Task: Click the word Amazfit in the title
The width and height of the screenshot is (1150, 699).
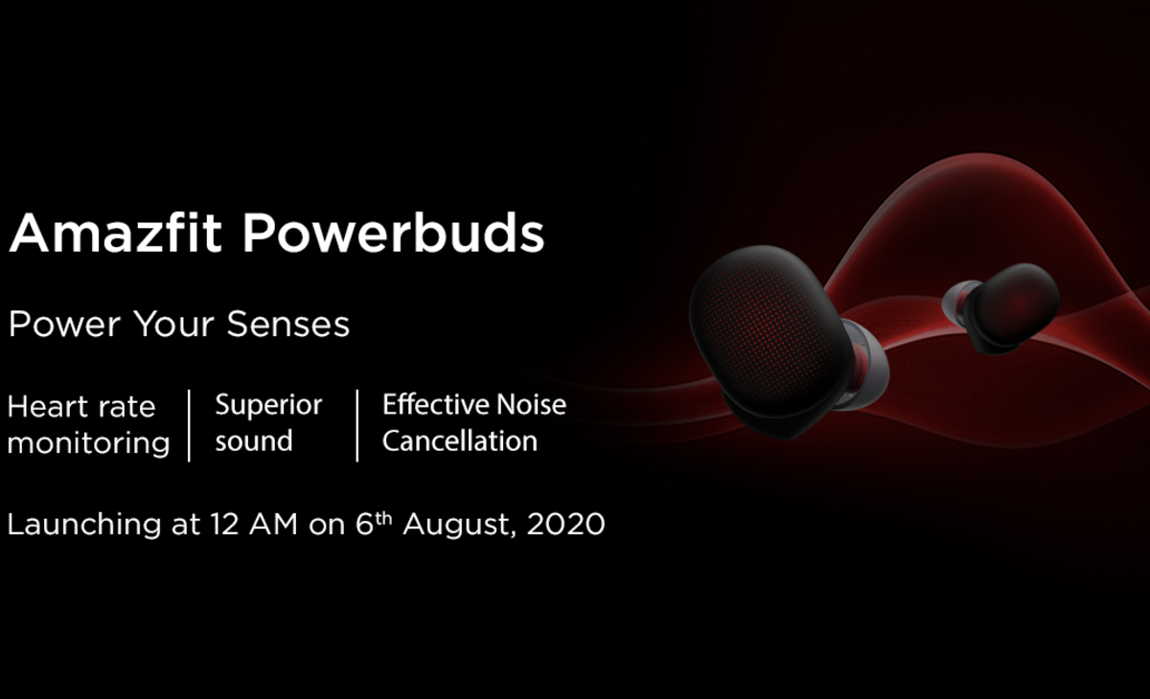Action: coord(116,234)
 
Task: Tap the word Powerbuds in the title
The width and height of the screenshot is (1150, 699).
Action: coord(393,234)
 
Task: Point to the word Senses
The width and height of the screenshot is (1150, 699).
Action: coord(288,324)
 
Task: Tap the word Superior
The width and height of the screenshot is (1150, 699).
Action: coord(268,406)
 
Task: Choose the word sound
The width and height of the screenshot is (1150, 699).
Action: coord(254,441)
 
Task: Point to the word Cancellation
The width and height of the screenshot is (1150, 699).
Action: coord(459,441)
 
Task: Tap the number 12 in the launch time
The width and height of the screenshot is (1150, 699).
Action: coord(224,525)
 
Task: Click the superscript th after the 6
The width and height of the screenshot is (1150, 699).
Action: coord(383,518)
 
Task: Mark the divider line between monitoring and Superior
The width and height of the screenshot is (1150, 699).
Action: coord(190,426)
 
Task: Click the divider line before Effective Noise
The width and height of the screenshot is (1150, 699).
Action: coord(357,426)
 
